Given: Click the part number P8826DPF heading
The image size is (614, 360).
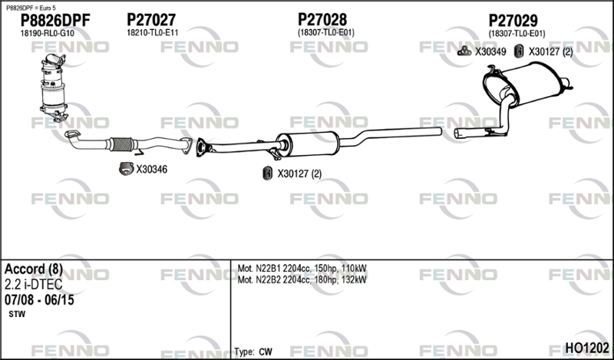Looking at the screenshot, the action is (x=55, y=21).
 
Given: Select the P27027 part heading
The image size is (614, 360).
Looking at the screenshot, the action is (x=151, y=20).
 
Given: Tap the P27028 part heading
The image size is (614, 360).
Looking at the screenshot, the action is (x=322, y=19).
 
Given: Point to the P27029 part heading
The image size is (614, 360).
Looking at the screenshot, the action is (x=513, y=21).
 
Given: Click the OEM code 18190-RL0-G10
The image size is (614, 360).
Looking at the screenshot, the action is (x=47, y=33).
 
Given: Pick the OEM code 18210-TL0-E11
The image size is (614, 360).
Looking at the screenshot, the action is (x=152, y=32).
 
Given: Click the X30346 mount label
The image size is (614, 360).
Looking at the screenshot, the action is (x=151, y=169).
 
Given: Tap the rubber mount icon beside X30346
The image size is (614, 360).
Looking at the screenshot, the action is (x=126, y=169).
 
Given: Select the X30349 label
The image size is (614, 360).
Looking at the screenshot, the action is (x=490, y=51).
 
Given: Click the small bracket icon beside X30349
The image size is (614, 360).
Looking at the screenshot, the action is (x=464, y=51).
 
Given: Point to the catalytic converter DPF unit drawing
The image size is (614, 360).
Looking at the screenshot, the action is (x=54, y=88).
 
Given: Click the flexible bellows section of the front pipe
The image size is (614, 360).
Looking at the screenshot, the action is (x=121, y=144).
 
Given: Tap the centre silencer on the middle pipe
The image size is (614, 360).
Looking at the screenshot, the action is (x=308, y=144).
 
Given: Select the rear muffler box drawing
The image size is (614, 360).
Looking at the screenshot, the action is (x=527, y=85).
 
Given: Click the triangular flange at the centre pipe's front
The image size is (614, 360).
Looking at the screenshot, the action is (x=202, y=147).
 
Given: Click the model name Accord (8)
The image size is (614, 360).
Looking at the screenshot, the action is (x=34, y=269).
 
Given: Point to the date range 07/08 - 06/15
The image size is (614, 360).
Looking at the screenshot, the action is (x=39, y=300).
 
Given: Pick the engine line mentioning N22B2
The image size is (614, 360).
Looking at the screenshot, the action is (x=302, y=279).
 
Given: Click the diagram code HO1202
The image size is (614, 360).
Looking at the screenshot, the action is (x=587, y=348).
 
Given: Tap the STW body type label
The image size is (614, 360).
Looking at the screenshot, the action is (x=17, y=314).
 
